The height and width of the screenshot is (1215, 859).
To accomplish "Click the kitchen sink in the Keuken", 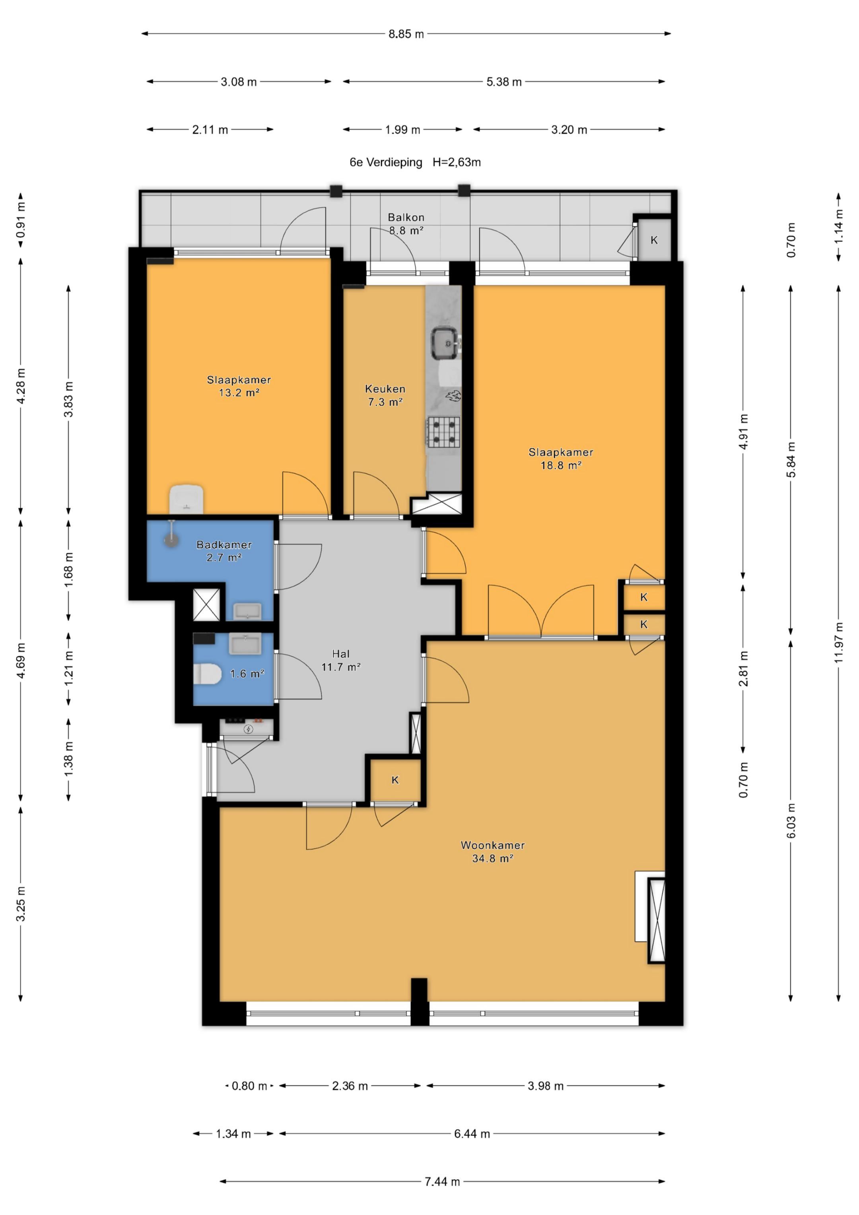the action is tap(445, 342).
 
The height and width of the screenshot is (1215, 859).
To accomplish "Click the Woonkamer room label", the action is tap(493, 845).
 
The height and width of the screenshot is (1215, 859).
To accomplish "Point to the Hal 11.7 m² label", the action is tap(341, 661).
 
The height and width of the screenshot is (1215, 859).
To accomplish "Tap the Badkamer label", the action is tap(224, 544).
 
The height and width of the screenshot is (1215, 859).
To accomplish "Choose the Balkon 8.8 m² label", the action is tap(406, 224).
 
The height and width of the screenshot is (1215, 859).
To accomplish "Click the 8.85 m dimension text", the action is tap(406, 34).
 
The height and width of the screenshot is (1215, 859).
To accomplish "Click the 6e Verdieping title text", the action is tap(386, 162).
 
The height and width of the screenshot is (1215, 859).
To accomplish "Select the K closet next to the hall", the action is tap(395, 780).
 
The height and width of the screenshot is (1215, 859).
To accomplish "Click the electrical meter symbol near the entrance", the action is tap(248, 730).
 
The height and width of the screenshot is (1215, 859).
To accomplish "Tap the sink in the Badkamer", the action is tap(247, 611).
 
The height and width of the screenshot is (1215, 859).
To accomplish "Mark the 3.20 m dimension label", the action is tap(569, 130).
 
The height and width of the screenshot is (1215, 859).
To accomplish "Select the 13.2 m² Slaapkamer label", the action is tap(239, 386).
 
